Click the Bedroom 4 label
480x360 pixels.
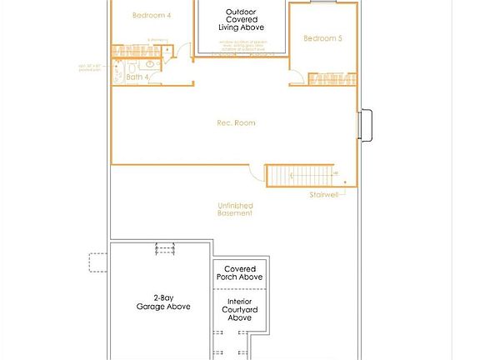coord(152,16)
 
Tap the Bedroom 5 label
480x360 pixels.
coord(322,38)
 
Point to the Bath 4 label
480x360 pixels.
coord(138,77)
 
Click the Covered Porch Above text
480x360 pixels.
coord(240,273)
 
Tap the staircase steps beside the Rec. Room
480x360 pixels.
coord(300,176)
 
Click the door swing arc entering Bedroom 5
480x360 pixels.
coord(297,77)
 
